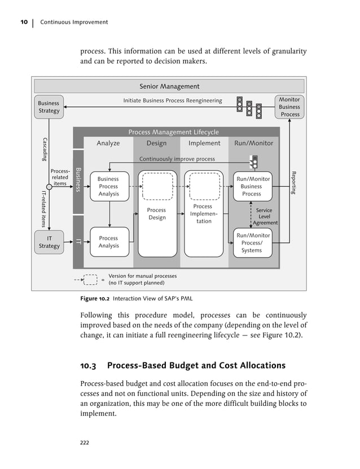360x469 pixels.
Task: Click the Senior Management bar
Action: (x=169, y=86)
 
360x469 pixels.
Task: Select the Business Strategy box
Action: (x=49, y=107)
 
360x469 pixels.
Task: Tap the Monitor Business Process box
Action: (x=289, y=107)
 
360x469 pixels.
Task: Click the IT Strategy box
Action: (x=49, y=242)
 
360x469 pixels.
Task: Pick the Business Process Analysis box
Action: (x=108, y=187)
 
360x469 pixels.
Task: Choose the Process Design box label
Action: (x=157, y=214)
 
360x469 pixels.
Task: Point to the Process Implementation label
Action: (x=204, y=214)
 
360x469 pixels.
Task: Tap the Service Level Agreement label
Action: (x=264, y=216)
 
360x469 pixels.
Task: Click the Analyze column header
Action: (x=108, y=143)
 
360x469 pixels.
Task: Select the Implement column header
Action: (x=204, y=143)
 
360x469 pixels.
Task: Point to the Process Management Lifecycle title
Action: (x=173, y=132)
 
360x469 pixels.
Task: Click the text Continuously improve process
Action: (x=177, y=159)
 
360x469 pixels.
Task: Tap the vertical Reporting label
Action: (x=293, y=183)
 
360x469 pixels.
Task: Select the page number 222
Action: (x=86, y=442)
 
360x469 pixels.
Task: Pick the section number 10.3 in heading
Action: (x=89, y=366)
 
